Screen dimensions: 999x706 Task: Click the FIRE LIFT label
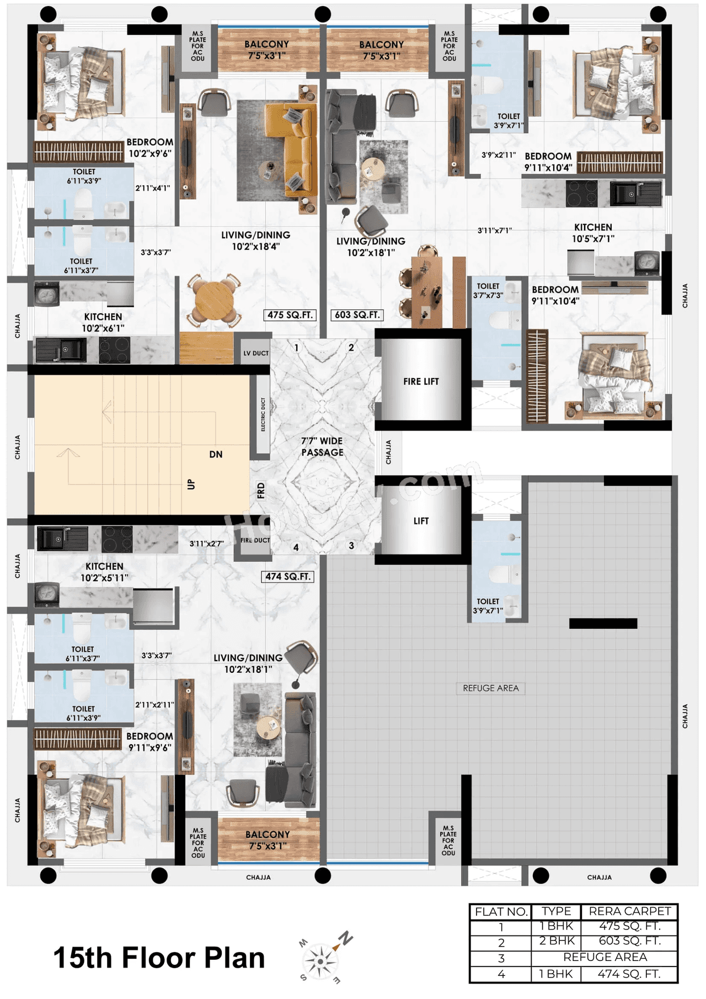point(421,381)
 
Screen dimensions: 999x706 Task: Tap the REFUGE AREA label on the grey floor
point(491,688)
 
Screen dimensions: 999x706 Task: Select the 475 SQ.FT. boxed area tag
point(290,315)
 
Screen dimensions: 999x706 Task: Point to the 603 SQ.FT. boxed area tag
point(357,315)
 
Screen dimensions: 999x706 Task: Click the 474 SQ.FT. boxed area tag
point(287,577)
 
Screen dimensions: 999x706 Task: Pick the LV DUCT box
point(256,353)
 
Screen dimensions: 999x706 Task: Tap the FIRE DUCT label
point(255,540)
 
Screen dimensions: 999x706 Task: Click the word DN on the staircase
point(216,455)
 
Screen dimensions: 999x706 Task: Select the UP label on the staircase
point(191,484)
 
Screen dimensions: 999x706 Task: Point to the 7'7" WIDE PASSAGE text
point(322,447)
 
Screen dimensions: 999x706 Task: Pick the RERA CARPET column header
point(629,911)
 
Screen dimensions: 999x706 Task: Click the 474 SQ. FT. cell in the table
point(629,974)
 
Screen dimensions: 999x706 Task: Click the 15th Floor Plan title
point(159,958)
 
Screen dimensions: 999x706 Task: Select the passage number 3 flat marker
point(351,546)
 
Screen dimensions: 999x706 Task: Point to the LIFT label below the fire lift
point(421,521)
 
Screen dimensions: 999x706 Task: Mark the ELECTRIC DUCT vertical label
point(263,414)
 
